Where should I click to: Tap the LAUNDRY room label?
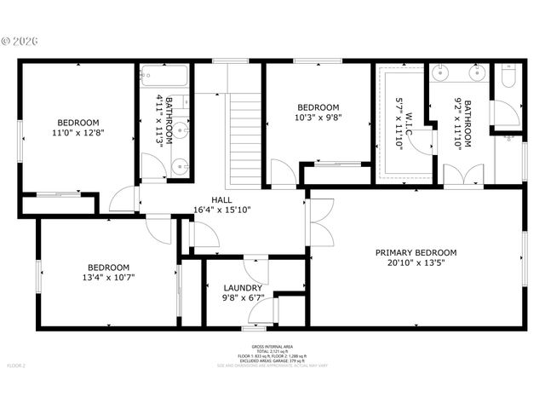click(243, 288)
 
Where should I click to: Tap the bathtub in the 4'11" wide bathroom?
click(164, 78)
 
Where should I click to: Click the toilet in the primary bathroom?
click(508, 80)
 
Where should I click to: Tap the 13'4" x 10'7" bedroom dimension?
click(108, 276)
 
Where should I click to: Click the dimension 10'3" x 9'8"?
click(317, 118)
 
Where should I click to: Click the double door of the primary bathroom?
click(463, 175)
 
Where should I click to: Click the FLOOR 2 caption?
click(17, 366)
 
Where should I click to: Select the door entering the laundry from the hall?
click(255, 268)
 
